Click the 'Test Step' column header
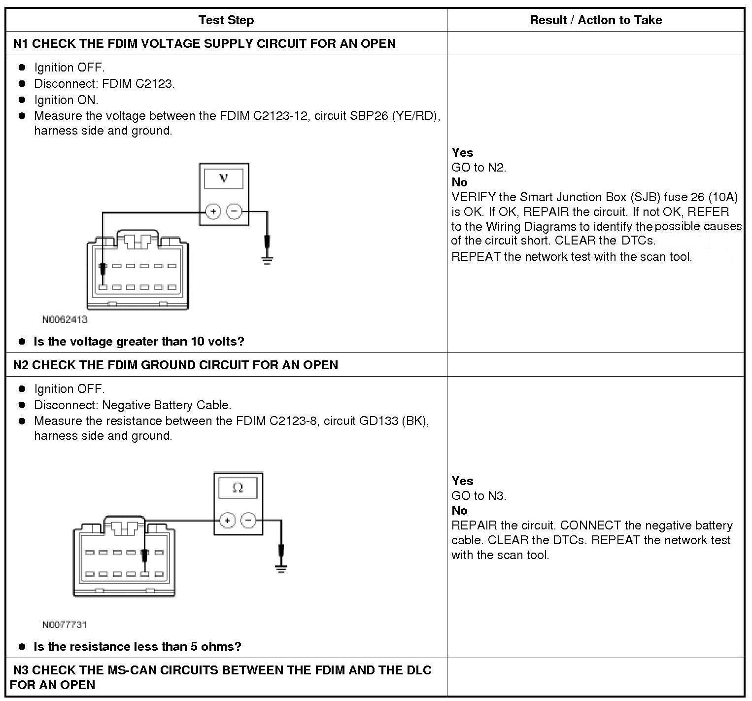pos(226,20)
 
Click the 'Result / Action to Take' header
pos(595,20)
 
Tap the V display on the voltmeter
pos(224,178)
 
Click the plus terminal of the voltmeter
pos(213,212)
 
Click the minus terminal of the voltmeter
pos(234,212)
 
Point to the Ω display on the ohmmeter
pos(238,488)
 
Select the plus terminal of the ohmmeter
pos(227,520)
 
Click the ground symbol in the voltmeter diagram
pos(267,260)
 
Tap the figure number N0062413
pos(65,319)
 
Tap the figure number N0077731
pos(65,625)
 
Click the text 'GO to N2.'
pos(479,168)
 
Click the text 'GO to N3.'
pos(479,496)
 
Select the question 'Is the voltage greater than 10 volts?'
pos(138,341)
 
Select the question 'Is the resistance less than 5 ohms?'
pos(137,646)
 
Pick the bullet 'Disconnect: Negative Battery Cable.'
pos(132,405)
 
